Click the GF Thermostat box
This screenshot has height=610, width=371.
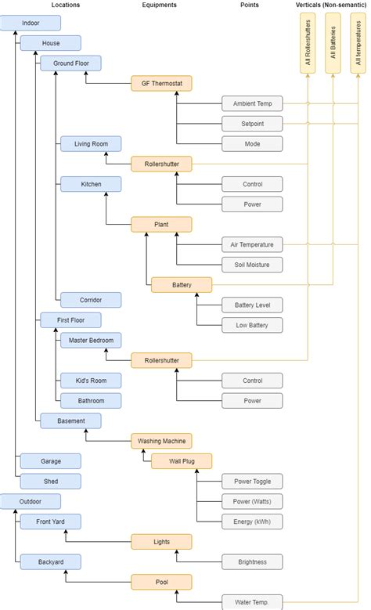(x=161, y=83)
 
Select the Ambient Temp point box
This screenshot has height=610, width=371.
(x=251, y=103)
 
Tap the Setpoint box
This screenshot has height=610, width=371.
(x=251, y=124)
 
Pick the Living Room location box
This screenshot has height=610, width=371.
(x=91, y=143)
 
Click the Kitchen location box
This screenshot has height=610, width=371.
(x=91, y=184)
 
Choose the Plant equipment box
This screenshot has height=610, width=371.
(x=161, y=225)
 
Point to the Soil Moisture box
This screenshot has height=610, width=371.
(x=251, y=265)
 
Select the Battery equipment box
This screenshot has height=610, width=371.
(x=181, y=284)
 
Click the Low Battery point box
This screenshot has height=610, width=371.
(x=252, y=324)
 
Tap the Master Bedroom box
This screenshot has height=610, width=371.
(x=91, y=340)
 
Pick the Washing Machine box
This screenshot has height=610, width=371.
(x=161, y=441)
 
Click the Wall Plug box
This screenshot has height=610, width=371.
(x=181, y=461)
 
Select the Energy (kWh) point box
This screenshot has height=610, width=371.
(x=252, y=522)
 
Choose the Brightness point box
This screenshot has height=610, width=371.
(x=252, y=561)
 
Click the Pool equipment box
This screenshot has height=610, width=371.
(x=161, y=582)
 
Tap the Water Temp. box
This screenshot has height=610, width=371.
(x=252, y=602)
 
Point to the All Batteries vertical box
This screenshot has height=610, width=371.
(x=333, y=42)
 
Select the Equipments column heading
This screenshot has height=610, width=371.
(x=160, y=5)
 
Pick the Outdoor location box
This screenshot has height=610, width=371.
(x=30, y=501)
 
